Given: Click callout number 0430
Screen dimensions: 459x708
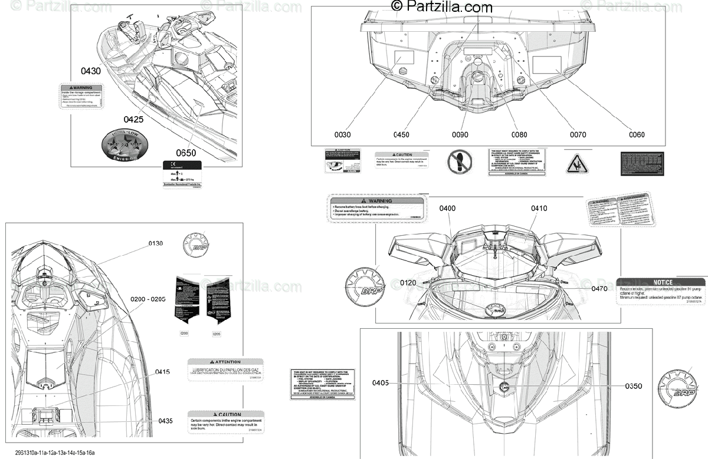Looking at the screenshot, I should click(91, 71).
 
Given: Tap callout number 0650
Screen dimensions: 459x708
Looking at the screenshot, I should click(186, 153).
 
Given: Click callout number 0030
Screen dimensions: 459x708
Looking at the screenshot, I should click(342, 134).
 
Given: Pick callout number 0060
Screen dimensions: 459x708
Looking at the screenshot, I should click(637, 134).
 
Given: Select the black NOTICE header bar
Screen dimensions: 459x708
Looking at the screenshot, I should click(660, 282).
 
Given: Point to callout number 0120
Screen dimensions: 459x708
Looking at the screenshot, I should click(408, 283).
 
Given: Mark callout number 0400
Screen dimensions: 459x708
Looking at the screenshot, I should click(447, 208).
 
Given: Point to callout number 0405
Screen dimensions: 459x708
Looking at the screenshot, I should click(381, 383).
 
